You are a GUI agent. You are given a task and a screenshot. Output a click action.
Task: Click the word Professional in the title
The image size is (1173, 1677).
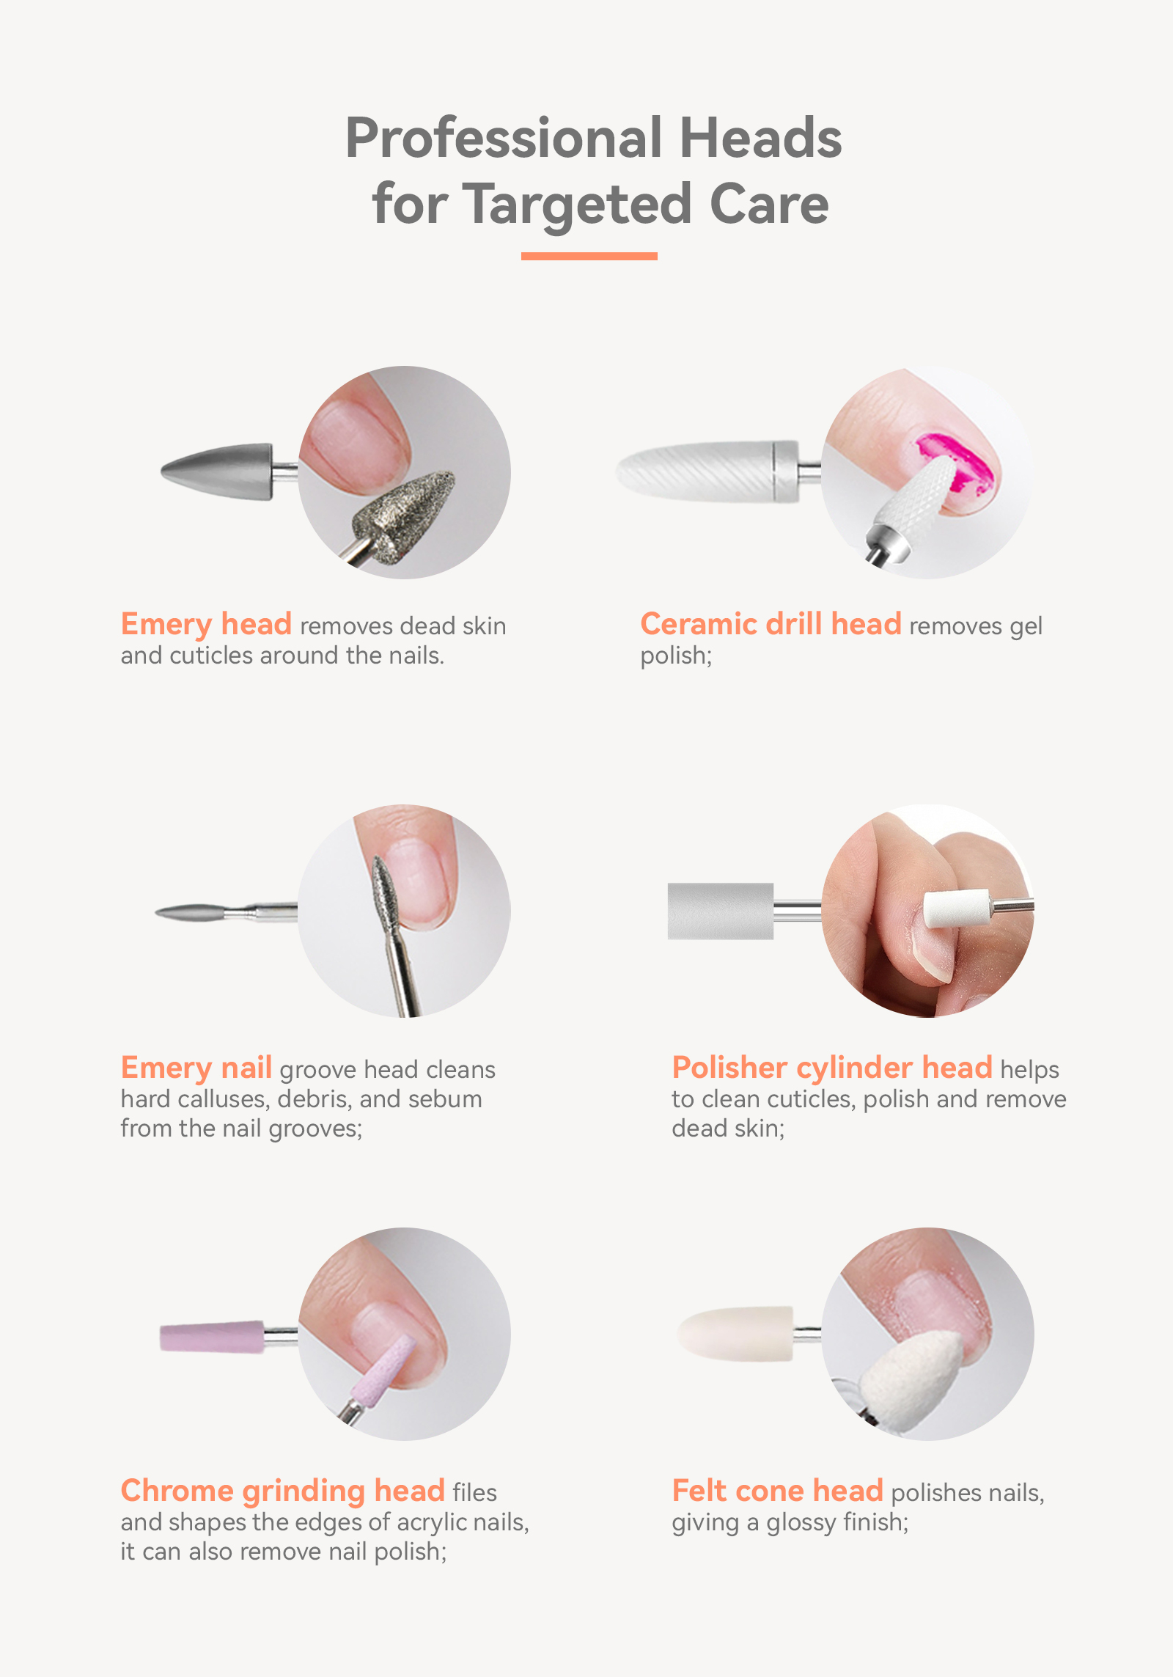click(504, 138)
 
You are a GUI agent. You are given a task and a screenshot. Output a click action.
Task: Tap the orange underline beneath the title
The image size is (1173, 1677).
click(589, 256)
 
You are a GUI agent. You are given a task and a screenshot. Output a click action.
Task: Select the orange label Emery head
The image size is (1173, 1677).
click(207, 625)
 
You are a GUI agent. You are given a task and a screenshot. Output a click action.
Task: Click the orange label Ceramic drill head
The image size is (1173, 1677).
click(771, 624)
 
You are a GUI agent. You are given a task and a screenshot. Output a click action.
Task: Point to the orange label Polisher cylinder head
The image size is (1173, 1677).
click(832, 1068)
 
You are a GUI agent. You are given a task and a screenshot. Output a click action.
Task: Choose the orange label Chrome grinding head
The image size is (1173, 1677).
click(283, 1491)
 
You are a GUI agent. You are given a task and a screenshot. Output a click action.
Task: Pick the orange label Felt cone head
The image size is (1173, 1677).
click(778, 1491)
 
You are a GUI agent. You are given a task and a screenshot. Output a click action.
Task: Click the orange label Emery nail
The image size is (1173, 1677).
click(196, 1068)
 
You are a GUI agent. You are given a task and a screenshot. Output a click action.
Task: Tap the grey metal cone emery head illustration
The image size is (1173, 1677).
click(217, 471)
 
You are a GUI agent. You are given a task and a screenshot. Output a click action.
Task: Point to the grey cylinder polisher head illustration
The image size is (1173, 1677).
click(721, 911)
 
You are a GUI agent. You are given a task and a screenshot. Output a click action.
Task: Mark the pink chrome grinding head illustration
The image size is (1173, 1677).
click(212, 1337)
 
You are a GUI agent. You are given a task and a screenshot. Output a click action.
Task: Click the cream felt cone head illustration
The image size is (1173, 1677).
click(735, 1334)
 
